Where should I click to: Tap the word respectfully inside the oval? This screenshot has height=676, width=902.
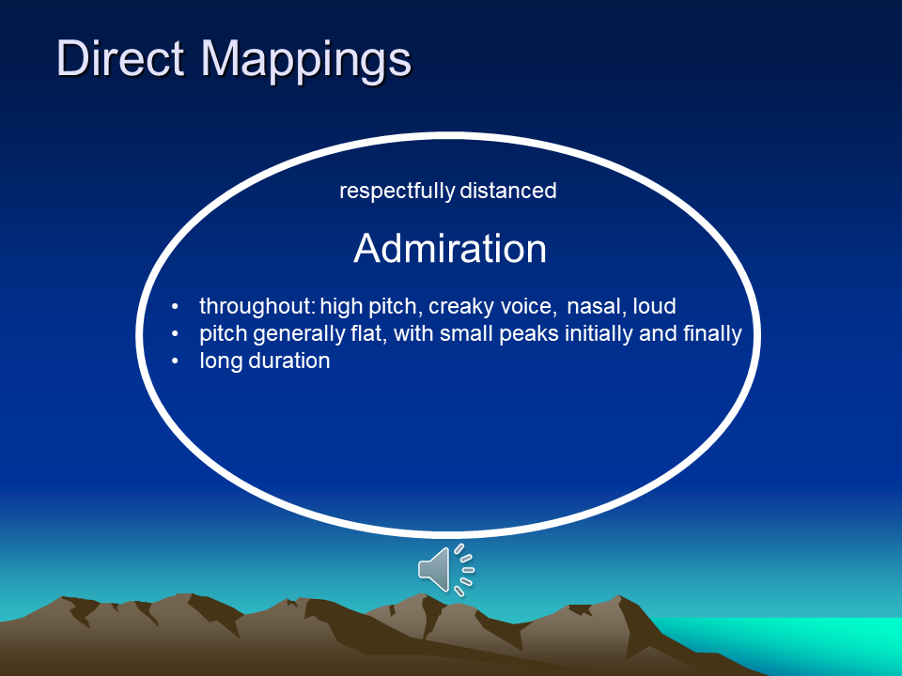click(x=397, y=191)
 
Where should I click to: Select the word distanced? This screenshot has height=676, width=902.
click(x=508, y=191)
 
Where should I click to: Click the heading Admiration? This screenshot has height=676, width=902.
click(x=450, y=248)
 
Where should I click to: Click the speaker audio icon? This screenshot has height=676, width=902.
click(x=446, y=570)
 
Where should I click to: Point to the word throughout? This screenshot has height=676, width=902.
click(x=257, y=306)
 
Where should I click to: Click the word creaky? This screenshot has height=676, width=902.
click(x=461, y=306)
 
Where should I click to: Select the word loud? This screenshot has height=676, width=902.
click(x=655, y=306)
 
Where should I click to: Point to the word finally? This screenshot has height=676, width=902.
click(x=713, y=334)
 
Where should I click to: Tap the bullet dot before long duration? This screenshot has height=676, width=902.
click(x=175, y=361)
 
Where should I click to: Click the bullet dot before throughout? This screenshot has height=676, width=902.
click(x=175, y=307)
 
